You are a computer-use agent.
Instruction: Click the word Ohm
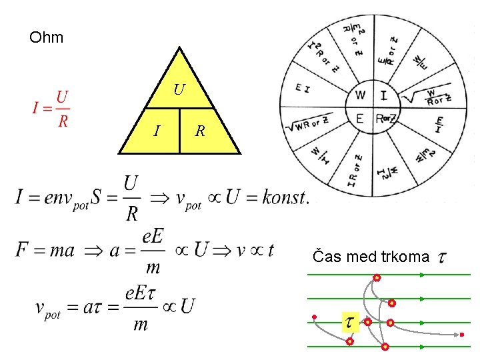tap(47, 38)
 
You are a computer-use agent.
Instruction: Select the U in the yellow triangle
tap(179, 89)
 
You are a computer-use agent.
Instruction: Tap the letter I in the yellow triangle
tap(156, 131)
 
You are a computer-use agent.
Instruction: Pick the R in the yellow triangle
tap(199, 131)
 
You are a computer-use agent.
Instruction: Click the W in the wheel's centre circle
tap(360, 95)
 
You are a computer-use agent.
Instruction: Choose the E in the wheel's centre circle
tap(360, 119)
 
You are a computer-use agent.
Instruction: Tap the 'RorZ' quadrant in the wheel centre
tap(386, 119)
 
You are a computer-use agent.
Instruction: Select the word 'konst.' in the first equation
tap(285, 198)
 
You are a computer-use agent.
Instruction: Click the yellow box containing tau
tap(349, 323)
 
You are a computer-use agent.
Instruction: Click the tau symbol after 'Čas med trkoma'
tap(441, 257)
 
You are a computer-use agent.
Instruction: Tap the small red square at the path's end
tap(462, 334)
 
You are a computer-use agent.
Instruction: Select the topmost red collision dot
tap(377, 277)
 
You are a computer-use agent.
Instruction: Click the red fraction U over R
tap(62, 109)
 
